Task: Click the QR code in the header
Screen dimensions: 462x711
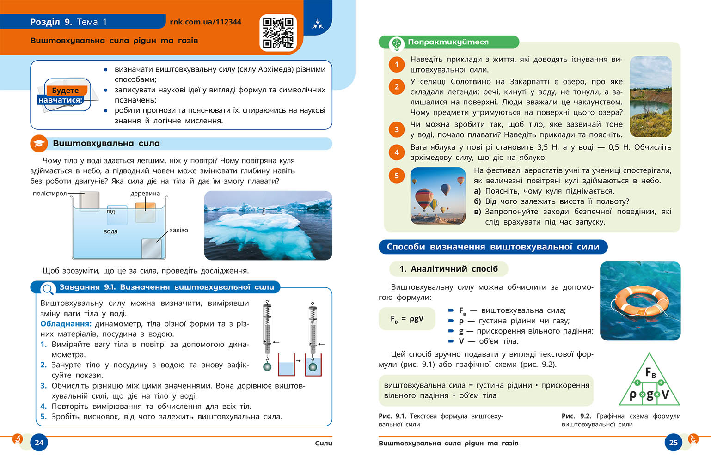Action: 278,32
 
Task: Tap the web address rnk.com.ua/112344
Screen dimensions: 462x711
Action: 205,22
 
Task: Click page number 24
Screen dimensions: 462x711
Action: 39,442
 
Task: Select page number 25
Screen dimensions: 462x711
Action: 673,442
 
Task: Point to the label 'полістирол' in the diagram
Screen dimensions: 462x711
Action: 49,194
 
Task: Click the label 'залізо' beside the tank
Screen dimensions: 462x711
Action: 178,230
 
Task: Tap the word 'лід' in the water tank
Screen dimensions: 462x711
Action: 110,212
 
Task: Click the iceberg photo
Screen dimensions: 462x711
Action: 268,225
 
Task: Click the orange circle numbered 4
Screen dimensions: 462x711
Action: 397,152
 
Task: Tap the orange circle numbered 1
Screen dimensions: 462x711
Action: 397,65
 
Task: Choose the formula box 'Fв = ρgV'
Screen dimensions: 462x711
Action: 407,319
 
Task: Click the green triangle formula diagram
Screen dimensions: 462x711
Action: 650,381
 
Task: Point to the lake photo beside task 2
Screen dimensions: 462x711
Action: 650,97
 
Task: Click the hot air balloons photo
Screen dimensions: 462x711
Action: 438,195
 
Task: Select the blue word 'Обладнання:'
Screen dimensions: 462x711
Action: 66,324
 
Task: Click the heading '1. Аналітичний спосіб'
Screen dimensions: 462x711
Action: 448,269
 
